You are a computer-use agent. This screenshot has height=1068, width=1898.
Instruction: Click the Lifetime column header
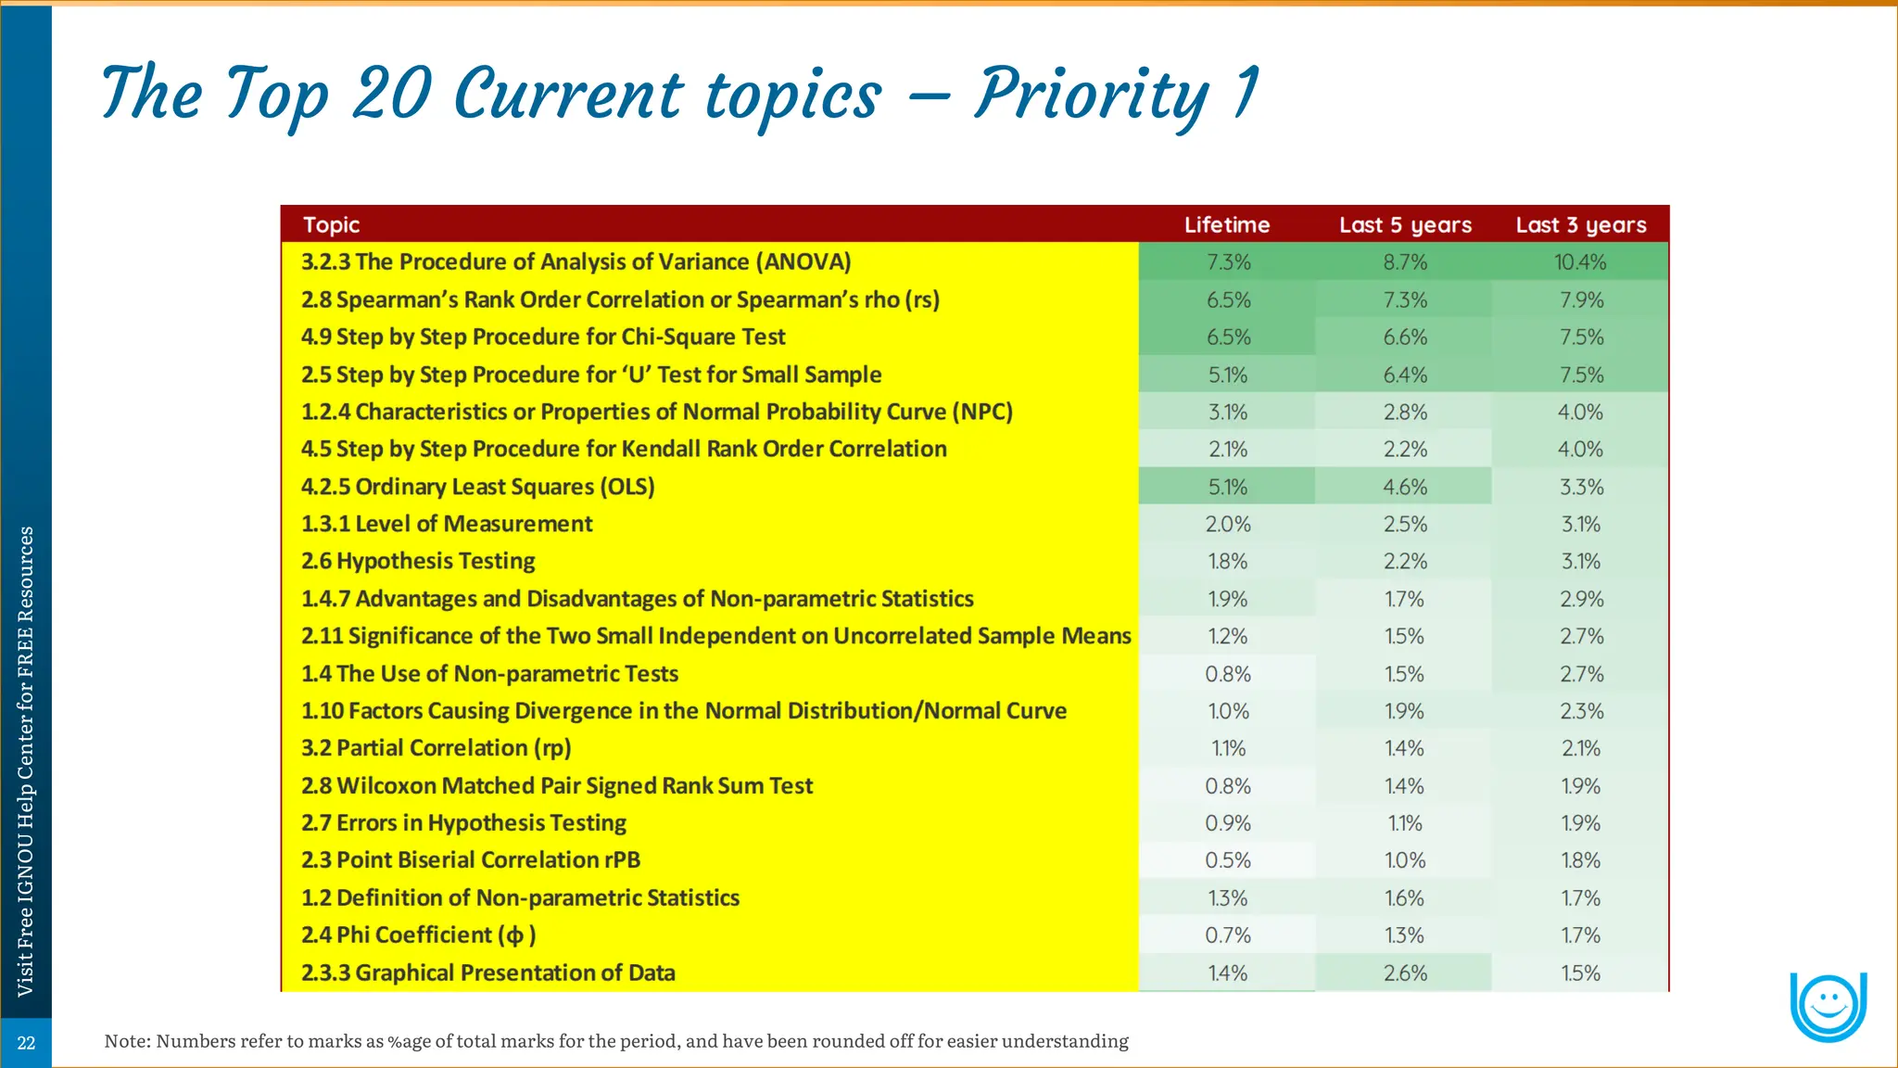tap(1227, 224)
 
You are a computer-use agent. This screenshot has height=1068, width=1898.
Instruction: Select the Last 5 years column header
tap(1405, 225)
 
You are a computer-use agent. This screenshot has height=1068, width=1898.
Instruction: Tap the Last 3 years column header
tap(1581, 225)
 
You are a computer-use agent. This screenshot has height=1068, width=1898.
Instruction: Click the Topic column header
tap(332, 224)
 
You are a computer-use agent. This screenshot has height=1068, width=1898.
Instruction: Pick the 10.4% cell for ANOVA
tap(1580, 262)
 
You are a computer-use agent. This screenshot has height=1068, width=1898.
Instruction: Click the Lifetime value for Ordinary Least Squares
tap(1227, 487)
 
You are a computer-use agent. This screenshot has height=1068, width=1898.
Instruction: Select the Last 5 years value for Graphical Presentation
tap(1405, 973)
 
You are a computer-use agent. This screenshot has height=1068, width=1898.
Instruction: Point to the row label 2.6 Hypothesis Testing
tap(418, 561)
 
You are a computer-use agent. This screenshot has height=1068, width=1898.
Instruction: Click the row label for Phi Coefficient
tap(418, 934)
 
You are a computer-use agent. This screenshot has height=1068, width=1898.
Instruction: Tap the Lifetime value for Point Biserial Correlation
tap(1227, 860)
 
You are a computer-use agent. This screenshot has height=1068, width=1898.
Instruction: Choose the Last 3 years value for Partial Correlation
tap(1580, 748)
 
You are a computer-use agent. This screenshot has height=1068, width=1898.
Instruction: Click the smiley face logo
tap(1828, 1006)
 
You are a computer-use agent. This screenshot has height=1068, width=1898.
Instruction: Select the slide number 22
tap(26, 1043)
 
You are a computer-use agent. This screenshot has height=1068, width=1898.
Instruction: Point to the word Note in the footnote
tap(125, 1041)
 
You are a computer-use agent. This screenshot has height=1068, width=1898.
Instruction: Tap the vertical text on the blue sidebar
tap(26, 760)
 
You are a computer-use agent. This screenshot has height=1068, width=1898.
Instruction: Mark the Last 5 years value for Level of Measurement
tap(1405, 524)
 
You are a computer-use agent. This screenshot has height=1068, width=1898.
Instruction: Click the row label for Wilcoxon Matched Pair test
tap(557, 785)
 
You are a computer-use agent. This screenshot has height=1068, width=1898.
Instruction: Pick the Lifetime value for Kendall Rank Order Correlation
tap(1227, 450)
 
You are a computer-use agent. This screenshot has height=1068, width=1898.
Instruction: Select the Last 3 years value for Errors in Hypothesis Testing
tap(1580, 823)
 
